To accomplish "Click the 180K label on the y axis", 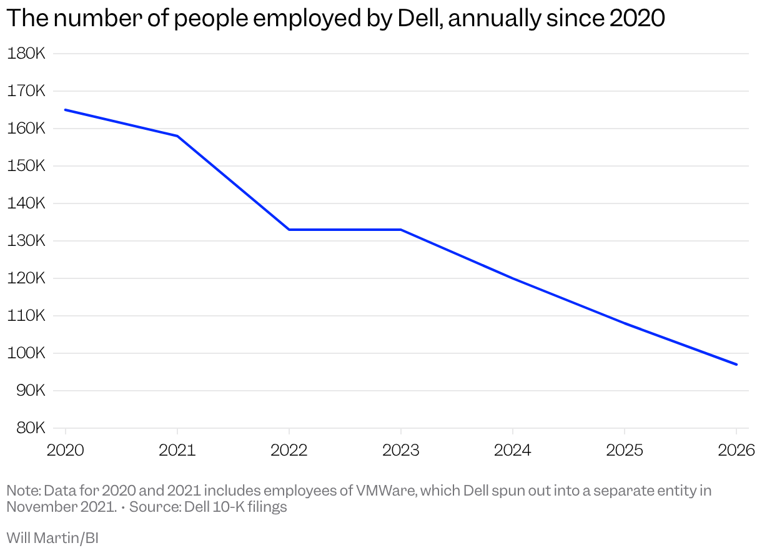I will click(x=26, y=54).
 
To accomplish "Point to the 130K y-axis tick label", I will click(x=26, y=241).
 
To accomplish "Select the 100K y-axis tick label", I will click(x=26, y=353).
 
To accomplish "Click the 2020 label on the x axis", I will click(x=65, y=450).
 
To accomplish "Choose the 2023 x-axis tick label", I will click(x=400, y=450).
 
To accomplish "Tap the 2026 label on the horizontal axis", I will click(x=736, y=450).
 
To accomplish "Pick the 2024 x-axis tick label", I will click(x=512, y=450).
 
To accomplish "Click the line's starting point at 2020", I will click(x=66, y=110).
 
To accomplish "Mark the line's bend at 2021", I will click(x=177, y=136).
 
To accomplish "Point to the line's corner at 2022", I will click(x=289, y=230).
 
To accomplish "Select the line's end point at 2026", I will click(x=736, y=365).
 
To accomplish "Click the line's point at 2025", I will click(x=625, y=323).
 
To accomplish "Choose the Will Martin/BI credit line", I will click(x=52, y=537).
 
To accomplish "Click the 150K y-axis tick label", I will click(x=26, y=166).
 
